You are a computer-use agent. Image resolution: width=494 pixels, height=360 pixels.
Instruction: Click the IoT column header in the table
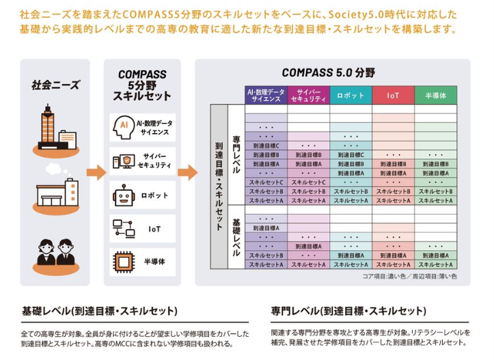[x=393, y=96]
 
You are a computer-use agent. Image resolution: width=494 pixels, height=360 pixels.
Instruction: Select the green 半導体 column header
[x=435, y=96]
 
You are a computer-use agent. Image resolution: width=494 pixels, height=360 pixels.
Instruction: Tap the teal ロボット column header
[x=351, y=96]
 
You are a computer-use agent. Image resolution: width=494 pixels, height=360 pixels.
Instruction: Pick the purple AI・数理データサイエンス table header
[x=266, y=96]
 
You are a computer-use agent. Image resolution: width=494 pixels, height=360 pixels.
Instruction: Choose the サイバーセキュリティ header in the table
[x=308, y=96]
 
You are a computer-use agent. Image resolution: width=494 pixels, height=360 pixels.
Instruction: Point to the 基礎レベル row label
[x=236, y=237]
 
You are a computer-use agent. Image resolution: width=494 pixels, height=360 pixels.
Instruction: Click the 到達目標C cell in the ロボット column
[x=351, y=154]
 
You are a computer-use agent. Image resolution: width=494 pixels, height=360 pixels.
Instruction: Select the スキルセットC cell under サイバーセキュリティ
[x=308, y=182]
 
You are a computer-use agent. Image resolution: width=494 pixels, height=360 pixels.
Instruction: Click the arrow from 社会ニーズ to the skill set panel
[x=96, y=172]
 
